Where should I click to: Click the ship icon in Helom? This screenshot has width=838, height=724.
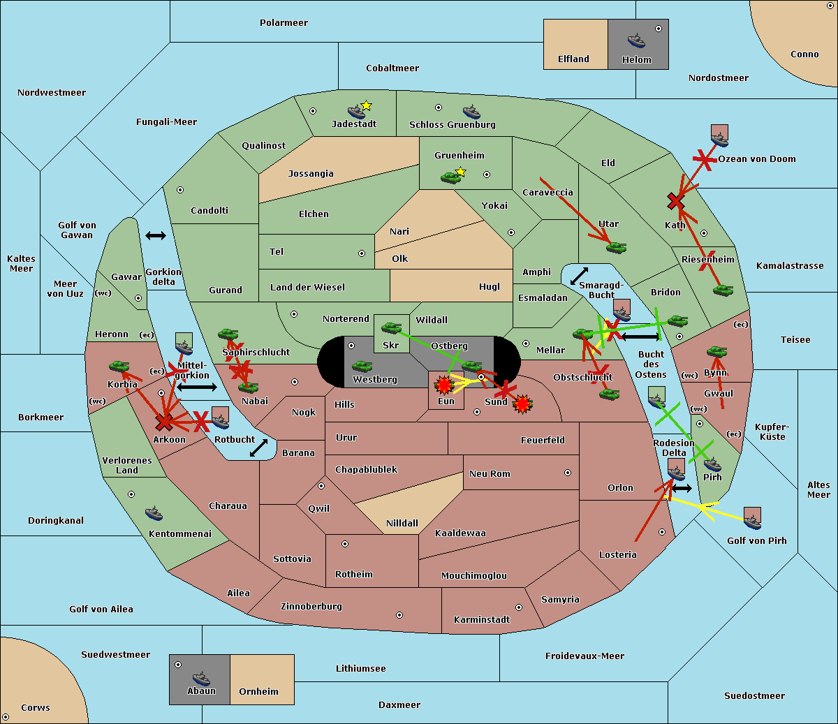[x=636, y=40]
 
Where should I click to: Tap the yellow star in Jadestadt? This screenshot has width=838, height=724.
[x=366, y=106]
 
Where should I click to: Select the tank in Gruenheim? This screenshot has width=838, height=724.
[x=451, y=177]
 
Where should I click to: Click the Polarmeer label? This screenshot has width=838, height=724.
[x=284, y=23]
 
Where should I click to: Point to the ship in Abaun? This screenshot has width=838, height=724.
[x=202, y=677]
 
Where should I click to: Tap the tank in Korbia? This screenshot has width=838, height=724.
[x=119, y=367]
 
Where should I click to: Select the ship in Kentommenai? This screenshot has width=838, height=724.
[x=154, y=512]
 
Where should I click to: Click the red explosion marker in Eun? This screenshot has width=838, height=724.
[x=443, y=385]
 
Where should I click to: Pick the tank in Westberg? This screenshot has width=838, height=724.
[x=362, y=367]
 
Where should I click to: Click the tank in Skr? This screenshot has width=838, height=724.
[x=391, y=327]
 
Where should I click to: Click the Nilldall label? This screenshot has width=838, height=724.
[x=402, y=523]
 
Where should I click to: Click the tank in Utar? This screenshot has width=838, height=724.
[x=617, y=247]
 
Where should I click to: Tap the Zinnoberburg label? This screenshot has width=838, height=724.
[x=311, y=607]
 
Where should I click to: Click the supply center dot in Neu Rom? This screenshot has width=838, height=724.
[x=568, y=473]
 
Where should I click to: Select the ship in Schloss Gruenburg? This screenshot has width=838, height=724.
[x=471, y=112]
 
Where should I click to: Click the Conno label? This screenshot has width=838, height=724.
[x=804, y=54]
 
